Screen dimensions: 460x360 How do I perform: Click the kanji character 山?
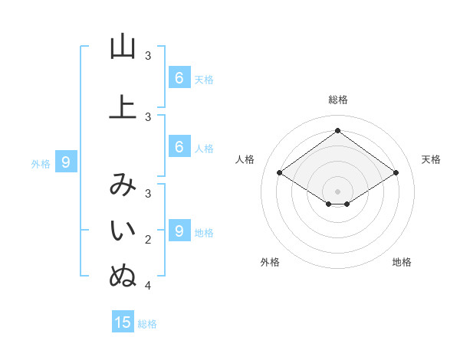123,47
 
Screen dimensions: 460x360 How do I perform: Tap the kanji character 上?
123,108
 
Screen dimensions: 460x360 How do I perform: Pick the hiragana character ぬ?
123,277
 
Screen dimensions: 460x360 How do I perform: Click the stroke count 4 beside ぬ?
148,286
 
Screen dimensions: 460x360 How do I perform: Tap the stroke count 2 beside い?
148,240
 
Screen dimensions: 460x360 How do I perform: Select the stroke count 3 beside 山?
148,56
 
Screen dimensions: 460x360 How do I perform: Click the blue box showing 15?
123,322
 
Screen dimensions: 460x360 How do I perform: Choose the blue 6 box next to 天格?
179,77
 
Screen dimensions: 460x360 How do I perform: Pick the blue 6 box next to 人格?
179,147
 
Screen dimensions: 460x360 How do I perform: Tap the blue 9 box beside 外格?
66,162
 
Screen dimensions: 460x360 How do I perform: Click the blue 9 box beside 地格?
179,231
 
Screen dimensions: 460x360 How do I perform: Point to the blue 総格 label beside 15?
147,324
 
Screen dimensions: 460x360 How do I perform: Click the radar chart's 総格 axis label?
337,100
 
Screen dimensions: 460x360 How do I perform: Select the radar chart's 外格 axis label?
270,262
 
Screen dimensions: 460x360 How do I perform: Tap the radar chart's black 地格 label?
402,262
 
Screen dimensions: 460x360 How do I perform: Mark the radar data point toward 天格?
396,173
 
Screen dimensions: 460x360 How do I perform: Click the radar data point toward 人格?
279,173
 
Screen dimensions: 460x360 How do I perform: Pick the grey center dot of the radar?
337,191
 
